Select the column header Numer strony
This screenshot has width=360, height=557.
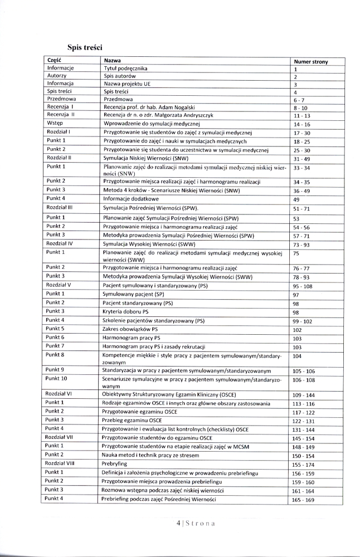[x=310, y=62]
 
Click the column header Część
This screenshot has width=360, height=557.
[x=54, y=60]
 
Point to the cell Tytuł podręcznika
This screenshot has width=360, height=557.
[x=125, y=68]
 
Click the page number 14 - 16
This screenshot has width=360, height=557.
[x=301, y=125]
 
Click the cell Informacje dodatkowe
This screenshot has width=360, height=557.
[x=131, y=198]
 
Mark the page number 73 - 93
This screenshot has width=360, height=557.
[x=301, y=245]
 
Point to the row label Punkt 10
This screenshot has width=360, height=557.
[x=57, y=379]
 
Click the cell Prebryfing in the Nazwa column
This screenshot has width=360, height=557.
[x=115, y=463]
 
